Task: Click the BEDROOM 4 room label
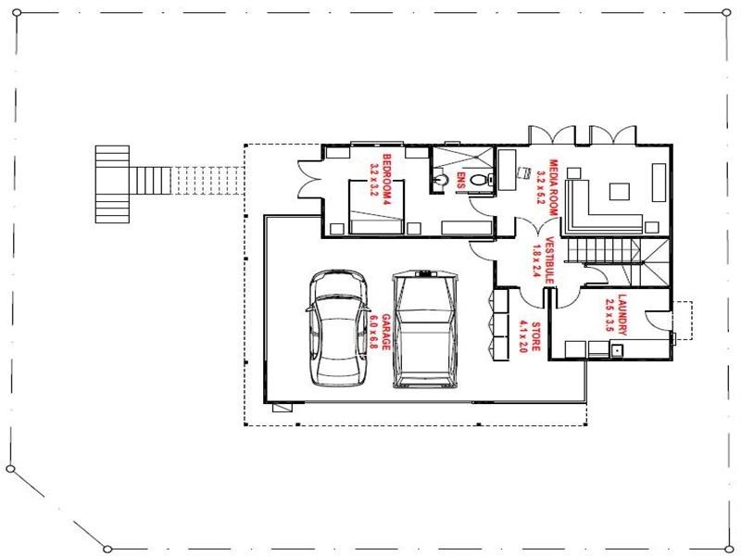coord(386,179)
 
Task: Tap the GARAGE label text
coord(386,332)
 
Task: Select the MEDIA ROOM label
coord(552,188)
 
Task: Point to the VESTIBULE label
coord(549,260)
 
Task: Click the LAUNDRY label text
coord(622,315)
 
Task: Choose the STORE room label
coord(536,336)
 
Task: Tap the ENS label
coord(460,180)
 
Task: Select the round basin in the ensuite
coord(441,180)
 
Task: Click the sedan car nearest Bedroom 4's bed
coord(338,328)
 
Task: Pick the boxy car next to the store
coord(425,329)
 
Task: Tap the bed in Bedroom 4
coord(376,207)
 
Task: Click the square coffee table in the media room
coord(619,192)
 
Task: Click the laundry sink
coord(616,351)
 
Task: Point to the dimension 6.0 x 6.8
coord(373,332)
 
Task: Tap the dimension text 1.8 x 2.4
coord(536,260)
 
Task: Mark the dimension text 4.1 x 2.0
coord(522,336)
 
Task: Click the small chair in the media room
coord(523,172)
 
